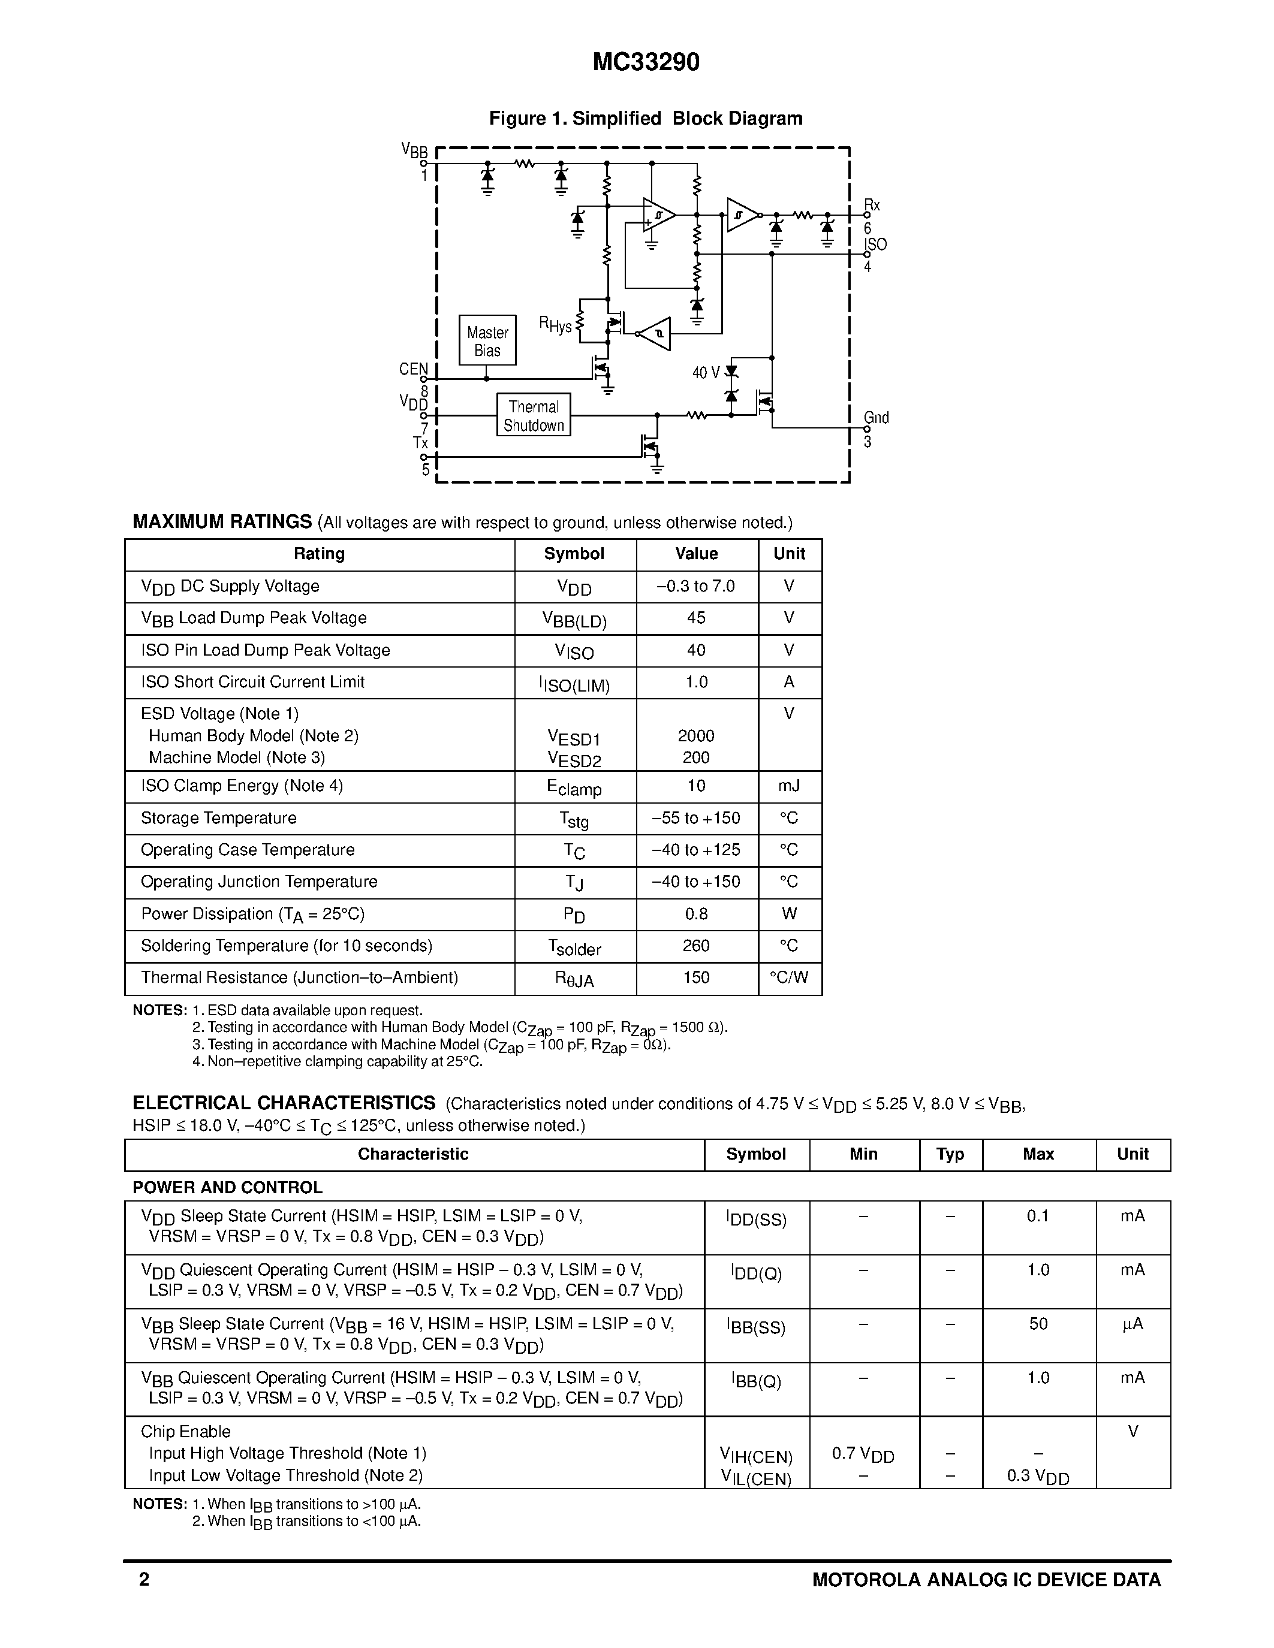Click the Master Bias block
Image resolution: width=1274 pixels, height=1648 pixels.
click(x=487, y=341)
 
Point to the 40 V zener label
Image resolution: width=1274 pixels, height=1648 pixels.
click(x=706, y=373)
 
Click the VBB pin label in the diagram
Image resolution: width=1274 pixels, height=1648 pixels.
click(x=414, y=151)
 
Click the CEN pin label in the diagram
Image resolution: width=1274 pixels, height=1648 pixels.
click(x=413, y=369)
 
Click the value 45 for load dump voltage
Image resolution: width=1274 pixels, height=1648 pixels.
click(x=696, y=618)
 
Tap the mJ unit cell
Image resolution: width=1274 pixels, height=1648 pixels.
click(x=789, y=786)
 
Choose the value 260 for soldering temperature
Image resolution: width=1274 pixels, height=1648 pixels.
click(x=696, y=946)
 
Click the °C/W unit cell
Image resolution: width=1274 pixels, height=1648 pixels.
click(x=789, y=978)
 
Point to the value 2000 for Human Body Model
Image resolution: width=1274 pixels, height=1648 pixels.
click(x=696, y=736)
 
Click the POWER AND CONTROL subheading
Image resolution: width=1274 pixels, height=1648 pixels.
click(x=227, y=1188)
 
